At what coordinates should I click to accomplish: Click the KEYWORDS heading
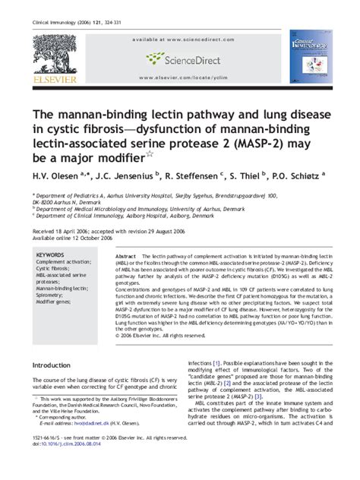click(x=50, y=255)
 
